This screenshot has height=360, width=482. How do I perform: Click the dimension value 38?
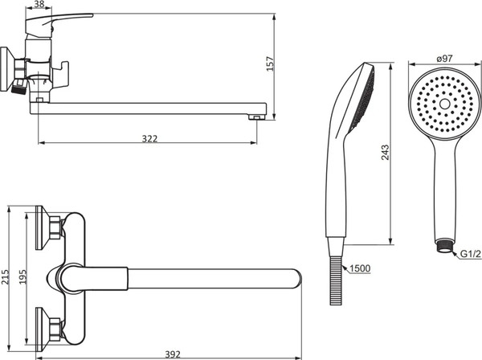tap(39, 4)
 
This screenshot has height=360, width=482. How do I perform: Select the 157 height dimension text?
tap(270, 63)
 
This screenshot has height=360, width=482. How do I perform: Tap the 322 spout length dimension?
tap(149, 139)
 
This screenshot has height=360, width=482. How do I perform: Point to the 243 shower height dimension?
tap(385, 152)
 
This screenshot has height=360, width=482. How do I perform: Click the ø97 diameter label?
tap(444, 58)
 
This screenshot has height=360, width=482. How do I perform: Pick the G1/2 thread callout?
tap(471, 254)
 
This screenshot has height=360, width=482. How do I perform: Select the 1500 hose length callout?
tap(360, 268)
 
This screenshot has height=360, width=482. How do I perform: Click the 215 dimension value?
tap(6, 277)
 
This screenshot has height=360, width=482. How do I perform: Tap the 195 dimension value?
tap(23, 277)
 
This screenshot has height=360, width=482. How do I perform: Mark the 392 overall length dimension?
tap(173, 354)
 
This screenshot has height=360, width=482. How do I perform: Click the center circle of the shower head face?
tap(445, 104)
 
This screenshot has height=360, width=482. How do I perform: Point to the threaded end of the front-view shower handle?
tap(444, 246)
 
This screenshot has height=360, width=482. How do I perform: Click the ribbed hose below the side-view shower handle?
tap(336, 280)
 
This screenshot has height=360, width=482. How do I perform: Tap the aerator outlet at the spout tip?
tap(257, 117)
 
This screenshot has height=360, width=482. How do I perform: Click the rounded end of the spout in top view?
tap(296, 279)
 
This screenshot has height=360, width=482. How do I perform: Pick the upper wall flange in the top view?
tap(47, 227)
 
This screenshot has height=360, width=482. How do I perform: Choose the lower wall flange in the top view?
tap(47, 329)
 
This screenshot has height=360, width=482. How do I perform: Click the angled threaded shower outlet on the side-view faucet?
tap(19, 87)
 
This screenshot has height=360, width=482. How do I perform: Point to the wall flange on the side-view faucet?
tap(6, 69)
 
